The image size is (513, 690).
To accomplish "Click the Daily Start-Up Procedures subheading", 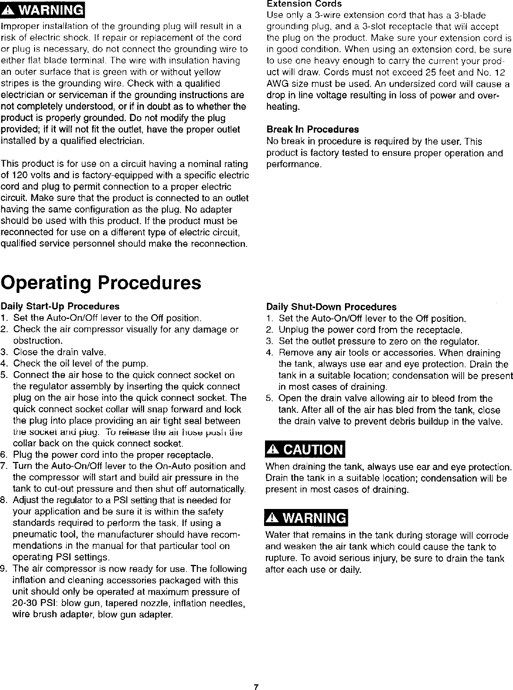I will coord(60,306).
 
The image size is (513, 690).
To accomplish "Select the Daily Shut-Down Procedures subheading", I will coord(331,307).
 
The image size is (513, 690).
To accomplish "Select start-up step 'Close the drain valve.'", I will coord(60,352).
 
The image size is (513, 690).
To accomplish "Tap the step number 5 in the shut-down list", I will coord(269,399).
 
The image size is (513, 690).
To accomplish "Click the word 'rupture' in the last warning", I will coord(281,559).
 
